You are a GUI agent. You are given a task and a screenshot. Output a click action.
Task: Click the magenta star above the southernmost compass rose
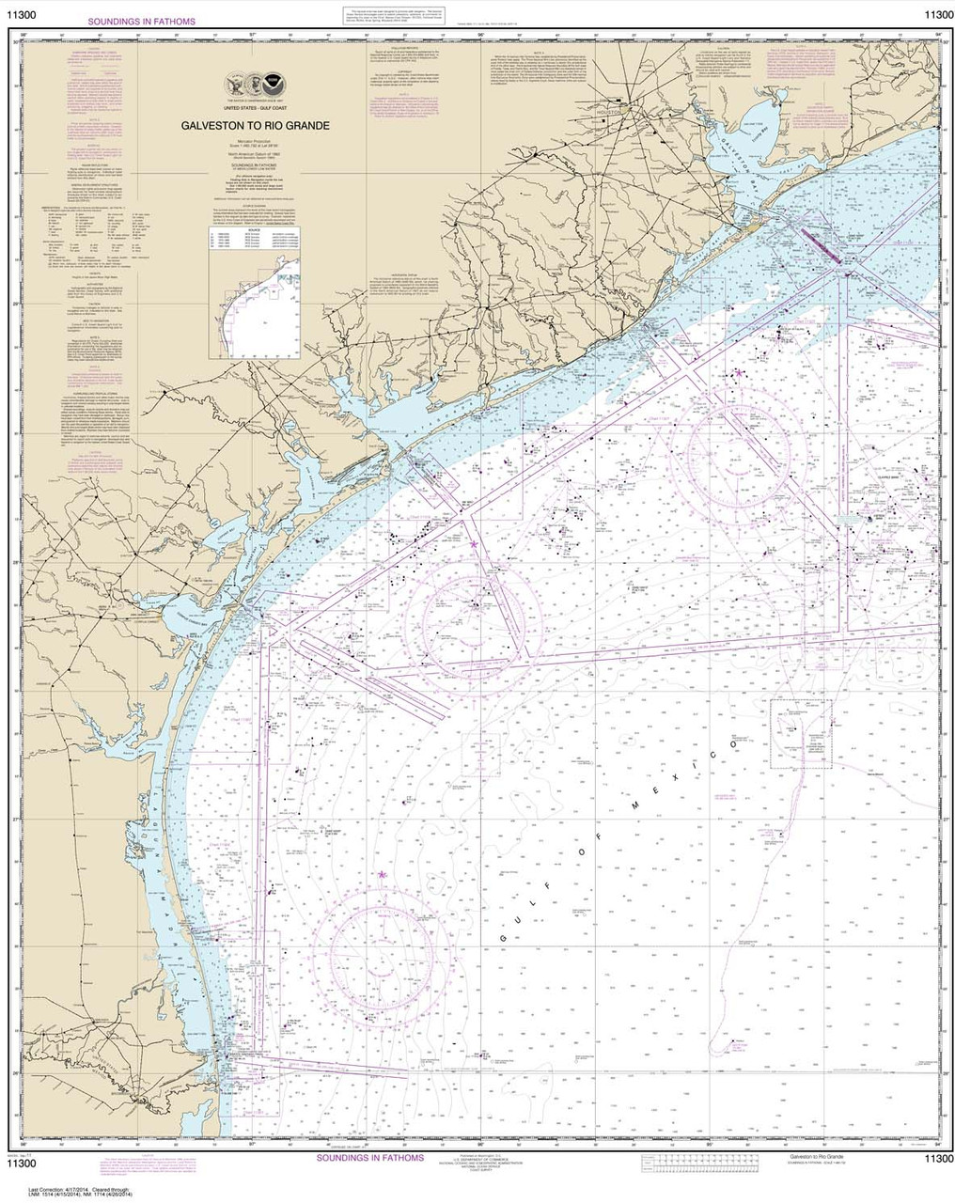pos(382,875)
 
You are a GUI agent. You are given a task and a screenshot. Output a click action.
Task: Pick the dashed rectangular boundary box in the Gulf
pos(801,734)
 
